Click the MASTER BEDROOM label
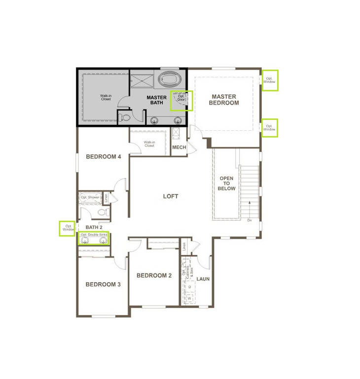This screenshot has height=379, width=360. point(223,100)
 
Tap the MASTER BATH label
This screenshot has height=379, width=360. point(156,100)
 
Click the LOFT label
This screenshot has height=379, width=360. point(171,196)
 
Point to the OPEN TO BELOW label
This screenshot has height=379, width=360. point(227,183)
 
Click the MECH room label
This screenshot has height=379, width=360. point(179,148)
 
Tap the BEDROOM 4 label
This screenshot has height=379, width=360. point(104,157)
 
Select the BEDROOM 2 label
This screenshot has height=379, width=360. point(154,275)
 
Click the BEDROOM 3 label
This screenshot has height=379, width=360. point(103,284)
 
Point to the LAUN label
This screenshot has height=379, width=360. point(203,279)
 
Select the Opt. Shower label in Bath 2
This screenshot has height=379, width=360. point(90,197)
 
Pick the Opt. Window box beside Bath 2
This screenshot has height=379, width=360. point(68,228)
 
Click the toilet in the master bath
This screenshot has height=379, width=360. point(125,117)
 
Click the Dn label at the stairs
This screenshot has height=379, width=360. point(250,221)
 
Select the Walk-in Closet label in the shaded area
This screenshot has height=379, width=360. point(106,97)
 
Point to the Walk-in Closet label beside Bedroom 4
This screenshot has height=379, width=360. point(149,144)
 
